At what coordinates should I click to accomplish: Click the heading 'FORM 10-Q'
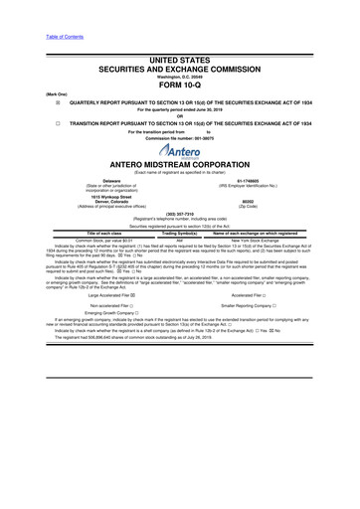coord(179,84)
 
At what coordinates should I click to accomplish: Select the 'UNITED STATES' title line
coord(179,61)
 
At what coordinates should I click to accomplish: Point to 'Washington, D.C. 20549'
coord(179,75)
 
